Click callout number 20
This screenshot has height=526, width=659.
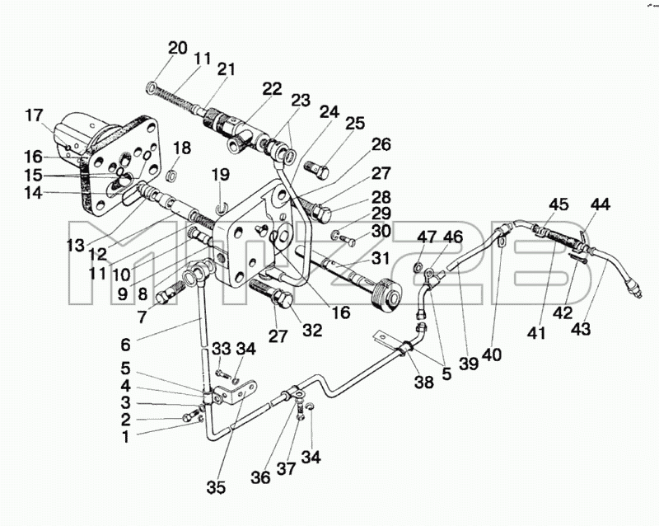click(x=177, y=48)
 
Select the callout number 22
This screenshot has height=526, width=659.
click(x=272, y=89)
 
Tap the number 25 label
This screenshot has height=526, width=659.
click(x=355, y=123)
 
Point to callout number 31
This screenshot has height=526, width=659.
click(x=381, y=258)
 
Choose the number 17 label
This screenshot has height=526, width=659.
click(x=34, y=115)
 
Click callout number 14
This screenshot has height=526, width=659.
click(x=34, y=193)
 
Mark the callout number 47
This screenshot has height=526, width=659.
click(x=427, y=237)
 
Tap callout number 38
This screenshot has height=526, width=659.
click(x=423, y=382)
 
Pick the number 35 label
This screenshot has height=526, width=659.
click(x=216, y=487)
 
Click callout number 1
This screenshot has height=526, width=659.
click(x=125, y=437)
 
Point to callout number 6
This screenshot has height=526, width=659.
click(x=125, y=345)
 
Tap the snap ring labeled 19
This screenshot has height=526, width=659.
click(x=221, y=208)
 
